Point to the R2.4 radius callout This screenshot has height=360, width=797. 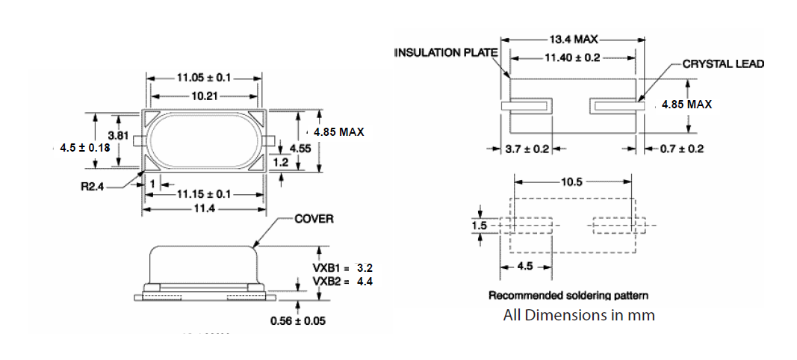93,185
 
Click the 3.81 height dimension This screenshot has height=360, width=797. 119,135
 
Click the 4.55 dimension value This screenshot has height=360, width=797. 300,148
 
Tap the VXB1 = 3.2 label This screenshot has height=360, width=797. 342,267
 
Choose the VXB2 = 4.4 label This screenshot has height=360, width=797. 342,281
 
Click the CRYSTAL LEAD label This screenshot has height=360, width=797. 723,64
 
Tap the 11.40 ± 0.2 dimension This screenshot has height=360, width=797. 573,57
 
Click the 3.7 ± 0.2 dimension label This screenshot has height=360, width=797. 527,149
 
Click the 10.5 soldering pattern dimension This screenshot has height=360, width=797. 573,181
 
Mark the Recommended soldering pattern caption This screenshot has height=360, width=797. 568,296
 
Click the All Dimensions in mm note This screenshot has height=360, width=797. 578,315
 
